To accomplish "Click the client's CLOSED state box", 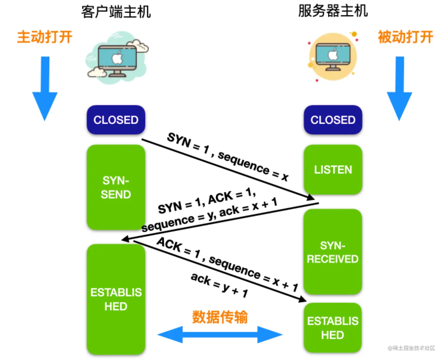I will pyautogui.click(x=116, y=120).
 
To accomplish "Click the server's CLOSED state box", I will pyautogui.click(x=333, y=120).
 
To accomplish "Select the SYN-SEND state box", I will pyautogui.click(x=116, y=187).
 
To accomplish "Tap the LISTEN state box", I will pyautogui.click(x=333, y=170).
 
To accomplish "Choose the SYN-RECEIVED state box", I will pyautogui.click(x=333, y=252).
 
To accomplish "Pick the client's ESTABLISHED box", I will pyautogui.click(x=116, y=299).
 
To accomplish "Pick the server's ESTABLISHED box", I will pyautogui.click(x=333, y=328).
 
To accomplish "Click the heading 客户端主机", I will pyautogui.click(x=116, y=12).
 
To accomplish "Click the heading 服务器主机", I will pyautogui.click(x=333, y=11).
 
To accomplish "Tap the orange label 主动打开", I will pyautogui.click(x=45, y=37).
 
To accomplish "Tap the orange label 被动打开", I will pyautogui.click(x=405, y=37).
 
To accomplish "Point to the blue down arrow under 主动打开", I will pyautogui.click(x=45, y=88).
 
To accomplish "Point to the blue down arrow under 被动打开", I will pyautogui.click(x=399, y=88).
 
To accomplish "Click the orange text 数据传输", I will pyautogui.click(x=220, y=317).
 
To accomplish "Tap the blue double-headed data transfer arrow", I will pyautogui.click(x=220, y=335).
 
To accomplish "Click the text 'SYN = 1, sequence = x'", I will pyautogui.click(x=228, y=157).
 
